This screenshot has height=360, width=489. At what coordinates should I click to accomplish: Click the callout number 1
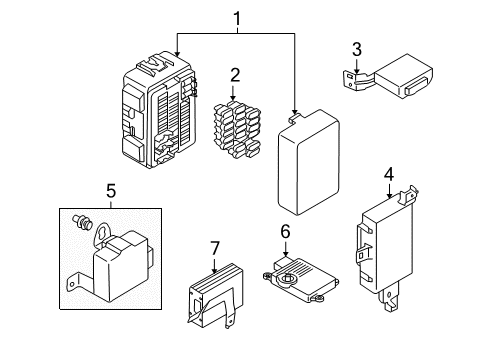click(237, 19)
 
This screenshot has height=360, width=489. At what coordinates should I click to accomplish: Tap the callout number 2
click(235, 75)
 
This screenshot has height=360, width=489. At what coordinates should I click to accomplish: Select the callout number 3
click(357, 50)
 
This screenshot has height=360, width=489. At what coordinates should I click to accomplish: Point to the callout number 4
click(389, 175)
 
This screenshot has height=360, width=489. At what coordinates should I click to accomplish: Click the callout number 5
click(111, 191)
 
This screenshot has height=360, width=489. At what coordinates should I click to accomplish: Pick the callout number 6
click(285, 232)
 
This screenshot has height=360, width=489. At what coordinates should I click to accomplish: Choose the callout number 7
click(215, 248)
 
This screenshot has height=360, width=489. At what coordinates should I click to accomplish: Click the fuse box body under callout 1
click(158, 109)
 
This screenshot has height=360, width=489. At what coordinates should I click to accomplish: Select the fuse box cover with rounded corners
click(308, 162)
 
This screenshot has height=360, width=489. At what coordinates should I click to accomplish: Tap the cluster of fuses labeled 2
click(237, 130)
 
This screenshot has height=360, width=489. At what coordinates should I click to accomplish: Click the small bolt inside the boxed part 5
click(82, 222)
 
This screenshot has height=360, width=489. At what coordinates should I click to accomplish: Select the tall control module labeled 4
click(387, 248)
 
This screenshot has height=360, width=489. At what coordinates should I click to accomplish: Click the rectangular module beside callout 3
click(388, 77)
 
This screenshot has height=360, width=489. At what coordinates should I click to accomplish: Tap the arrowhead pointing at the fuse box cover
click(294, 111)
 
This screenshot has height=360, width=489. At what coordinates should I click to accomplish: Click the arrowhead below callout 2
click(233, 97)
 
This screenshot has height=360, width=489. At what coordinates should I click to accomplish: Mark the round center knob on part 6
click(287, 278)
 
